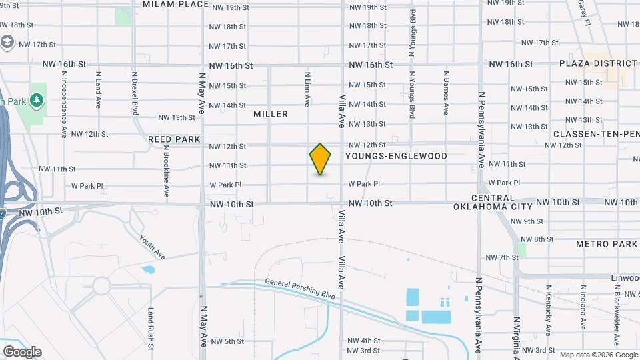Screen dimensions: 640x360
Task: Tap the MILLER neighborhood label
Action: click(x=271, y=114)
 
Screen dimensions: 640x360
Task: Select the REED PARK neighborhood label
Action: click(x=175, y=139)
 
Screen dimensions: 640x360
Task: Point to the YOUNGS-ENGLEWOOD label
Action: click(x=396, y=155)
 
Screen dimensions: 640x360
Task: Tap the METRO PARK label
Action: click(x=607, y=244)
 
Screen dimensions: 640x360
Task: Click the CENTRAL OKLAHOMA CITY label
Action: click(x=493, y=203)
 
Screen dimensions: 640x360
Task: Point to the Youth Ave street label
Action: click(x=152, y=247)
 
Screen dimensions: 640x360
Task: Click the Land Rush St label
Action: click(x=151, y=328)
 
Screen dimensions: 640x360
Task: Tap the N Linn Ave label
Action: click(x=307, y=89)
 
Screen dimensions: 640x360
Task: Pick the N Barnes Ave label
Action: click(x=445, y=94)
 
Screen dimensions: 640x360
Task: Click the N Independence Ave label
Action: click(x=64, y=100)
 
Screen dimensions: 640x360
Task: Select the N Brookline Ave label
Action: click(x=166, y=172)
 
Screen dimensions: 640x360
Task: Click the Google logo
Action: click(x=22, y=351)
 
